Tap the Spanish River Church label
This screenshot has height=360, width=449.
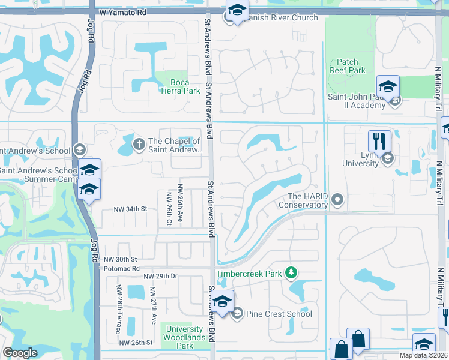point(280,17)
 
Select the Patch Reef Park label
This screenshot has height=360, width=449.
point(347,66)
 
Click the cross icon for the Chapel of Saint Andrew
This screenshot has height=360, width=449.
point(139,143)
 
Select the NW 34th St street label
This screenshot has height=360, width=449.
point(131,209)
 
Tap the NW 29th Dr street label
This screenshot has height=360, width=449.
point(160,276)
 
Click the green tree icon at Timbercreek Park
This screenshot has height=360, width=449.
point(291,273)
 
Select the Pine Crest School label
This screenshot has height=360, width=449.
point(279,314)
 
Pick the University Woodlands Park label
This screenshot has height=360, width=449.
point(185,337)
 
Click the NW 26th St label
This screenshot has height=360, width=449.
point(136,343)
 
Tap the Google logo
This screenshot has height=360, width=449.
point(20,353)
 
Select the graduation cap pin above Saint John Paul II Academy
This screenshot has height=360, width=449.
point(388,86)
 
